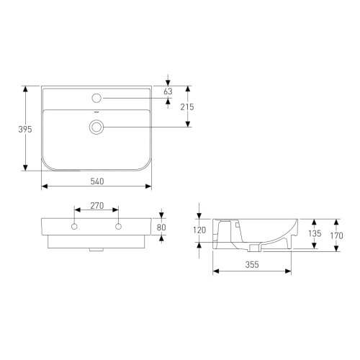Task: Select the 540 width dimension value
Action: (x=96, y=180)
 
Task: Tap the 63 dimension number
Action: (x=168, y=92)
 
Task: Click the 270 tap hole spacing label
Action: (x=96, y=206)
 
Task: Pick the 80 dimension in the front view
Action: (x=161, y=228)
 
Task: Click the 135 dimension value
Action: (x=315, y=234)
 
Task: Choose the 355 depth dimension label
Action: (x=251, y=265)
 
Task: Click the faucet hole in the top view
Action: (x=96, y=97)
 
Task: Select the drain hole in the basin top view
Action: (x=96, y=127)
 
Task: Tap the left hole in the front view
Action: (x=73, y=228)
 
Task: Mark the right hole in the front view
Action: (x=118, y=228)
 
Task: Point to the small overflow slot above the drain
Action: (x=96, y=114)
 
